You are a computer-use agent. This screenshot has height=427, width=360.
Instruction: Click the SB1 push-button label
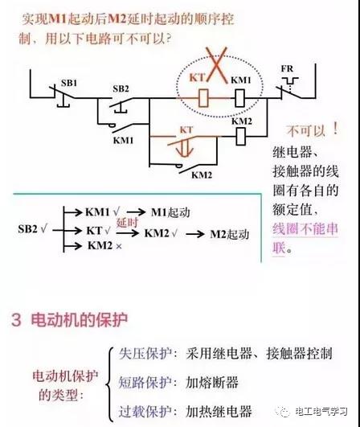69,83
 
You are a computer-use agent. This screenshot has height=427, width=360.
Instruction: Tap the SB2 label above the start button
121,88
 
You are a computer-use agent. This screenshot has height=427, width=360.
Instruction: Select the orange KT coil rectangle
203,98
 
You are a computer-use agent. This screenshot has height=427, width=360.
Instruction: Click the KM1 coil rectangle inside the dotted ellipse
239,98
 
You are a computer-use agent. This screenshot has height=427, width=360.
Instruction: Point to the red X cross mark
216,65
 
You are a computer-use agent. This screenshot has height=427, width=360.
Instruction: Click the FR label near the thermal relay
288,68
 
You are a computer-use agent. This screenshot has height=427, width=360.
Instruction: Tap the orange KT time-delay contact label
186,130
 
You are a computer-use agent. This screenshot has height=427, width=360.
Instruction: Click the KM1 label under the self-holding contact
123,141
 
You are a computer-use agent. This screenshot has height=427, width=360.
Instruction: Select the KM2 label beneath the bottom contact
202,174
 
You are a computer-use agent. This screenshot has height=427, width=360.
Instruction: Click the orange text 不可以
306,131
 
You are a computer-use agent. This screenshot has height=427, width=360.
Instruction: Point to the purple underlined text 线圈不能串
305,228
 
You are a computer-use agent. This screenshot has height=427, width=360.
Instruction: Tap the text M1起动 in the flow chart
170,212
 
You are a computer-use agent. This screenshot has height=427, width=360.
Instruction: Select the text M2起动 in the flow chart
230,234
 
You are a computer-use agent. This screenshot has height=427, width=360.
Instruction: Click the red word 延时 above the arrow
127,223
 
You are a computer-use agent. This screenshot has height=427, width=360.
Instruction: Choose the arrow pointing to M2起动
195,234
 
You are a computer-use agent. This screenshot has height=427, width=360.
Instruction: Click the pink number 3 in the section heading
16,320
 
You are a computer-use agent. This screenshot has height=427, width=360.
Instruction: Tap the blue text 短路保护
145,382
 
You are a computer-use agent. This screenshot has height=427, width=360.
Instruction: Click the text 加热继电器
219,411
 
